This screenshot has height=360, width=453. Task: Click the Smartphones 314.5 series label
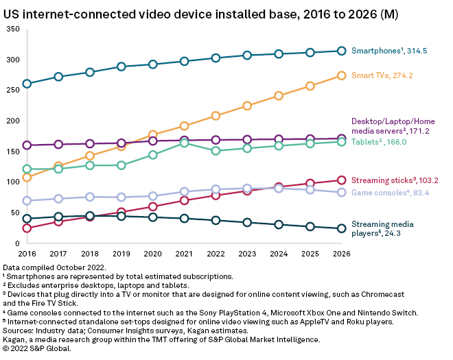pyautogui.click(x=388, y=50)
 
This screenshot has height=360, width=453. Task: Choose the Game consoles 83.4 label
pyautogui.click(x=391, y=193)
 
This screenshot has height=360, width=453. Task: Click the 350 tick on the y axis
pyautogui.click(x=12, y=29)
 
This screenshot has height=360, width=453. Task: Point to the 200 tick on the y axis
pyautogui.click(x=12, y=121)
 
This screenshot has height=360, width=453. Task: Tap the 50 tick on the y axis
pyautogui.click(x=14, y=213)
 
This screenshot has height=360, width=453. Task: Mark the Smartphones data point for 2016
pyautogui.click(x=27, y=84)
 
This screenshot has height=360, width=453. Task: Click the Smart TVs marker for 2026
pyautogui.click(x=341, y=76)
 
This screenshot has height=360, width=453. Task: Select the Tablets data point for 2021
pyautogui.click(x=185, y=143)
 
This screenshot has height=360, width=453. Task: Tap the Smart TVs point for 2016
pyautogui.click(x=27, y=178)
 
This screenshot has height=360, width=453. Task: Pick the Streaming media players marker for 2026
pyautogui.click(x=341, y=228)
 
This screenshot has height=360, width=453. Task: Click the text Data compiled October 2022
pyautogui.click(x=53, y=267)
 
